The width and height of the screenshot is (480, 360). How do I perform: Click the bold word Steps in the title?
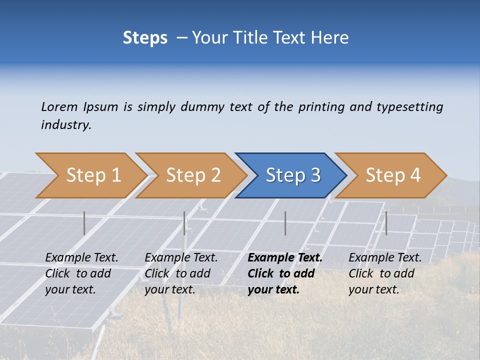coord(145,38)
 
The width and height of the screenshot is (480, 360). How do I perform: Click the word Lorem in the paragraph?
coord(59,106)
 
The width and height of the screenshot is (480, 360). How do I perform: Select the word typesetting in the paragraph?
coord(409,106)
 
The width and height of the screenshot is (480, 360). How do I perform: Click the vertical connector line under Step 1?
coord(84,223)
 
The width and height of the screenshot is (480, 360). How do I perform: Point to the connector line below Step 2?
coord(184,223)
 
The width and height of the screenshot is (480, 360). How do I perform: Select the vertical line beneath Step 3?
coord(285,223)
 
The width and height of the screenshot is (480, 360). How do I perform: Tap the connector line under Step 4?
coord(386,223)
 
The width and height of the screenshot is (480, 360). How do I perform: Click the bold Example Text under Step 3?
coord(285,258)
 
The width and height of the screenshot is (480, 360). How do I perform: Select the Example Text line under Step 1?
coord(81,258)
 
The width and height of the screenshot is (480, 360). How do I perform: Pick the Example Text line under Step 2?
coord(181,258)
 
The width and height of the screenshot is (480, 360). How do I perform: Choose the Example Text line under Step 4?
coord(385,258)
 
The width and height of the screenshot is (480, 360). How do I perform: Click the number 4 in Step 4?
coord(414,175)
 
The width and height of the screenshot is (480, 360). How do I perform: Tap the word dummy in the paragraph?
coord(202,106)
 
